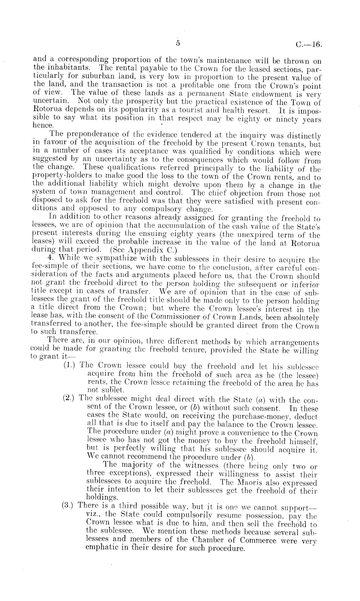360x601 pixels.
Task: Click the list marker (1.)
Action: click(70, 366)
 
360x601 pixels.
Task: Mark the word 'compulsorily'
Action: click(176, 514)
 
